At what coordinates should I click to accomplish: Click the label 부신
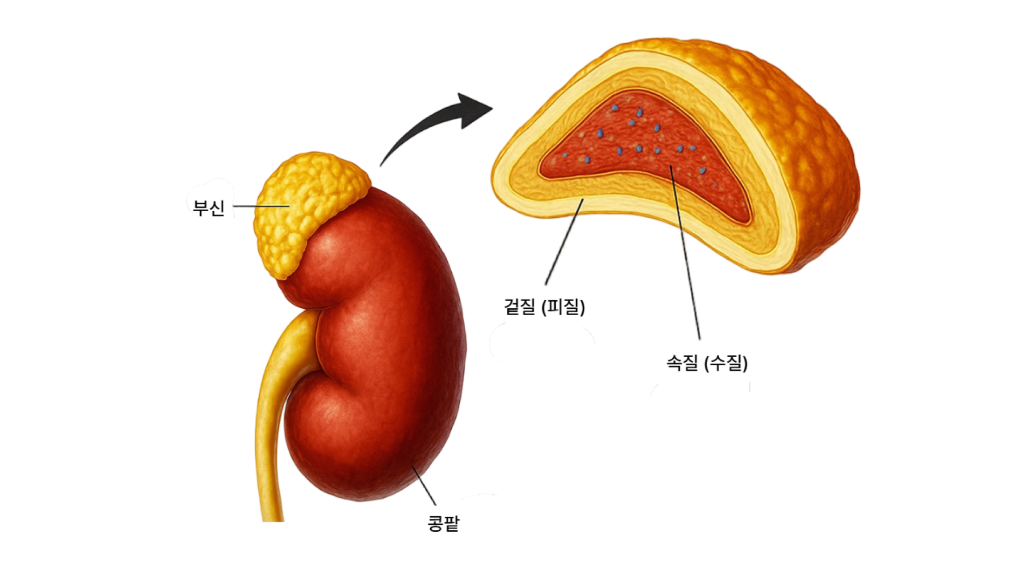pyautogui.click(x=208, y=207)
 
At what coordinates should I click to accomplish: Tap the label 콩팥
pyautogui.click(x=443, y=523)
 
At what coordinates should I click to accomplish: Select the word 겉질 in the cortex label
pyautogui.click(x=520, y=307)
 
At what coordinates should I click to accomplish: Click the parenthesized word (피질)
pyautogui.click(x=563, y=307)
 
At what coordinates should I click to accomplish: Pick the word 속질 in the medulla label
pyautogui.click(x=682, y=363)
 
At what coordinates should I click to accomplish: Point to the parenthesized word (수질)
pyautogui.click(x=726, y=363)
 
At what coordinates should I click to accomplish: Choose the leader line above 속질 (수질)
pyautogui.click(x=685, y=253)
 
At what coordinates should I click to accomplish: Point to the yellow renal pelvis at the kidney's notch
pyautogui.click(x=302, y=334)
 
